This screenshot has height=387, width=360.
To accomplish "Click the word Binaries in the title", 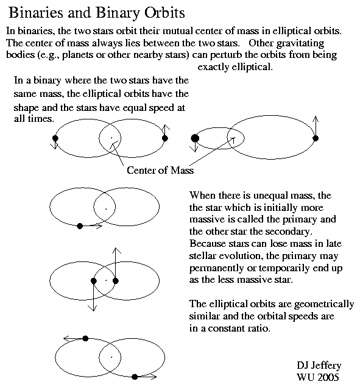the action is tap(36, 13).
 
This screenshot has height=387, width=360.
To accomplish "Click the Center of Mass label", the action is tap(160, 170).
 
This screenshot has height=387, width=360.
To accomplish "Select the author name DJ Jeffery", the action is tap(319, 366).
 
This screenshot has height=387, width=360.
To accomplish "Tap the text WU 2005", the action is tap(317, 377).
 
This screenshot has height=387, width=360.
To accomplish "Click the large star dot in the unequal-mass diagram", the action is tap(195, 138).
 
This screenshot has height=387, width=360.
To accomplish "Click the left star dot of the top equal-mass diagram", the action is tap(55, 138).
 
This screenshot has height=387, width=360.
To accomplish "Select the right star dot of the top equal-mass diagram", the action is tap(165, 138).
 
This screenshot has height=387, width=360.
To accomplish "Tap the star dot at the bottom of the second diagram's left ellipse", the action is tap(80, 226).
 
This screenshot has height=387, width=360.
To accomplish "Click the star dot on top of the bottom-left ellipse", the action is tap(85, 338).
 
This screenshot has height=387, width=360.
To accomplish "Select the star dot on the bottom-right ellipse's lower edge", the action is tap(135, 377).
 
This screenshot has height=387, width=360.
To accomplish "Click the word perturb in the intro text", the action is tap(226, 55).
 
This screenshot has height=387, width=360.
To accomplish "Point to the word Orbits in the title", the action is tap(164, 13).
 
